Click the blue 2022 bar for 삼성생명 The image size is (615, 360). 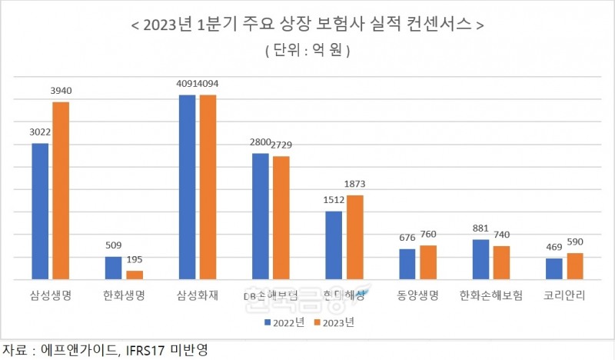[x=40, y=211]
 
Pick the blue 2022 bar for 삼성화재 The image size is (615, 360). [x=187, y=186]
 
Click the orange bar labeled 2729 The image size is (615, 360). [x=281, y=217]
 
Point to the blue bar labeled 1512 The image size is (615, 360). [x=334, y=245]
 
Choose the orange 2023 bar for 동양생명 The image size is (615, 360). [x=428, y=262]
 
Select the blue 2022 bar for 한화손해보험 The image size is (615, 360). [x=480, y=259]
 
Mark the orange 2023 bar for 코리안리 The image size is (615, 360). [x=575, y=265]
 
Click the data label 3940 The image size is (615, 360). [x=60, y=92]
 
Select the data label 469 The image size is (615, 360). [x=554, y=248]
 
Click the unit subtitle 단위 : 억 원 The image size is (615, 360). [x=307, y=51]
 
